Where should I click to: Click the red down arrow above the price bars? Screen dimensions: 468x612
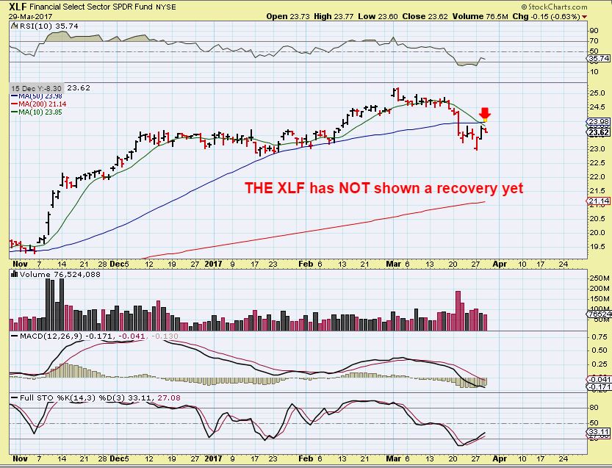(485, 114)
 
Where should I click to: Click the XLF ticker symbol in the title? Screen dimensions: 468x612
(19, 6)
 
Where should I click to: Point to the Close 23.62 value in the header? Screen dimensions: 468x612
(422, 15)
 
